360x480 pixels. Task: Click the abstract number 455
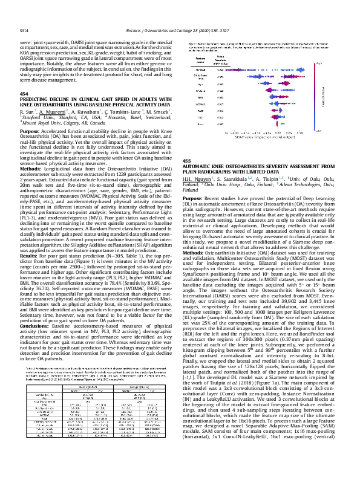click(186, 160)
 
